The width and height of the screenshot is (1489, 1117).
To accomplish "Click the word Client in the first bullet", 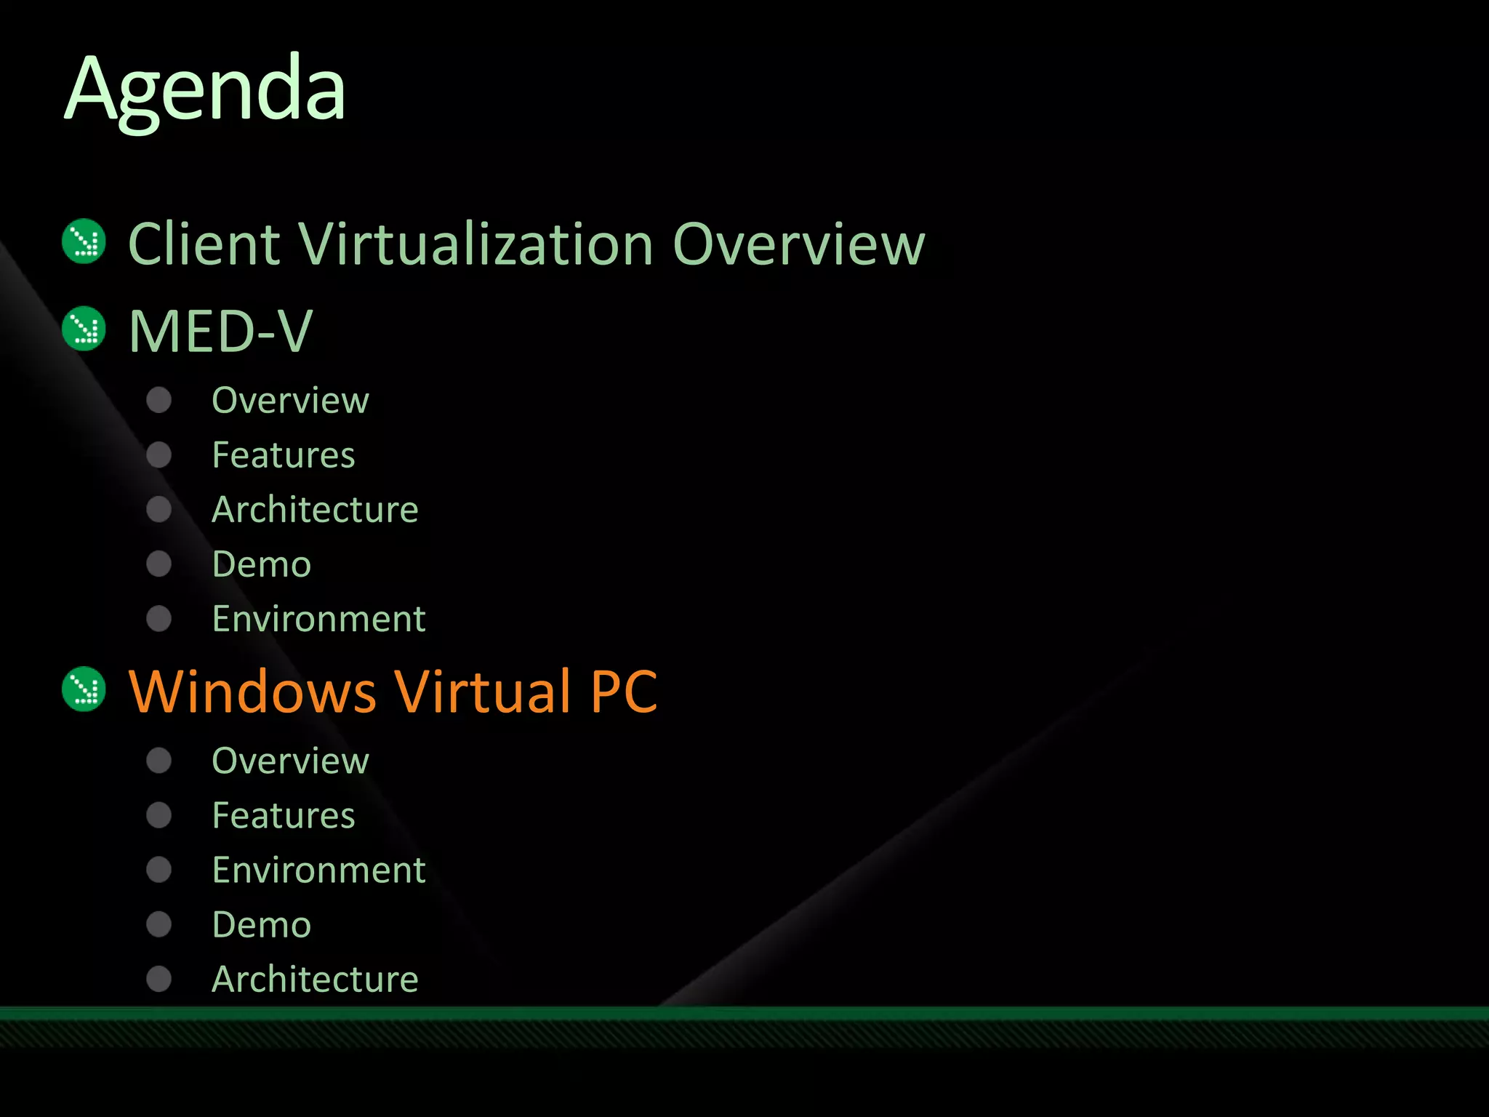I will click(x=204, y=244).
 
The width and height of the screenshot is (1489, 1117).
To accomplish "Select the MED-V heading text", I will click(x=220, y=332).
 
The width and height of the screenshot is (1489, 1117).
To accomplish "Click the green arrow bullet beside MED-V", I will click(x=84, y=328).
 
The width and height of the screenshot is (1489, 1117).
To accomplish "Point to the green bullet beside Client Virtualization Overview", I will click(x=84, y=241).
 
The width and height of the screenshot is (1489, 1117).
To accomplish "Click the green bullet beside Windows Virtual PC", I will click(x=84, y=689).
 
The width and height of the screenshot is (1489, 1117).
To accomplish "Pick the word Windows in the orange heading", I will click(x=252, y=691).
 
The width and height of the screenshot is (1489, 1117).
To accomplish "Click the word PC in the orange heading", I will click(x=623, y=691).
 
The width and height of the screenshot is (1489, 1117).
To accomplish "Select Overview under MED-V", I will click(x=290, y=401).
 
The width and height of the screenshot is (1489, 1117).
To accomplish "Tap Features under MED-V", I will click(x=284, y=455).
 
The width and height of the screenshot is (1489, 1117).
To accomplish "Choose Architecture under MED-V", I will click(x=315, y=510).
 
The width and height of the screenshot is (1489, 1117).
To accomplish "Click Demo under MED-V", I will click(x=262, y=564).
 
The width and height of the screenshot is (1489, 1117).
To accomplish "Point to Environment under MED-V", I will click(x=318, y=619).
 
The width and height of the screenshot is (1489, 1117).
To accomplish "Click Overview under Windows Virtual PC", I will click(x=290, y=761).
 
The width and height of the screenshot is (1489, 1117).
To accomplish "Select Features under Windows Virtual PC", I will click(x=284, y=816).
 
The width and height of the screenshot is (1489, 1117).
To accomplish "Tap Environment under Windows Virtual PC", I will click(x=318, y=870).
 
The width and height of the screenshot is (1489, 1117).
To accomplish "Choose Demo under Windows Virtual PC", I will click(x=262, y=925).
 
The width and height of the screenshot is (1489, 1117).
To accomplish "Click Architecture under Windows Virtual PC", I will click(x=315, y=980).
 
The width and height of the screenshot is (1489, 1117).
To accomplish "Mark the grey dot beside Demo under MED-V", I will click(x=158, y=564).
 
